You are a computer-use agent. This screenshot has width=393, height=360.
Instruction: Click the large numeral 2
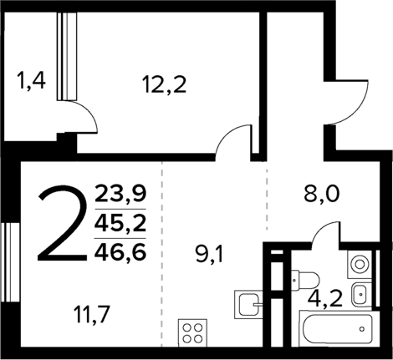point(64,225)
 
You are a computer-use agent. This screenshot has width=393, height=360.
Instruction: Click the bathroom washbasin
point(360,292)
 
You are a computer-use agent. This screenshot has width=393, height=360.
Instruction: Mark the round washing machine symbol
point(360,263)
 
